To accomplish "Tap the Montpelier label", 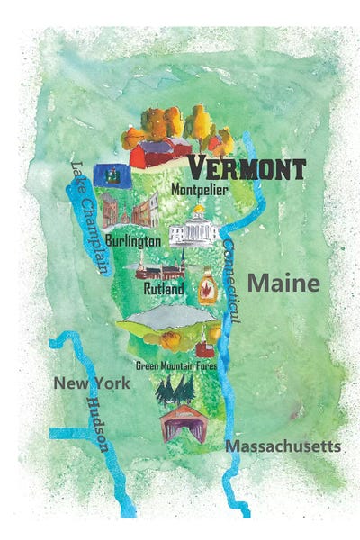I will pos(199,191).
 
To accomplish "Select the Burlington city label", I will pos(133,241).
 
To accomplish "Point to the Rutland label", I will pos(164,290).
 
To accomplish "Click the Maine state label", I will pos(283,284).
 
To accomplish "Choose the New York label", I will pos(91,383).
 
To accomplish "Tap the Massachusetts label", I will pos(283,446).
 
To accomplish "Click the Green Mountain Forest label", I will pos(177,365).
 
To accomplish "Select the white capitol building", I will pos(196,231).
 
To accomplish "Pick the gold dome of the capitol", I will pos(197,210).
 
